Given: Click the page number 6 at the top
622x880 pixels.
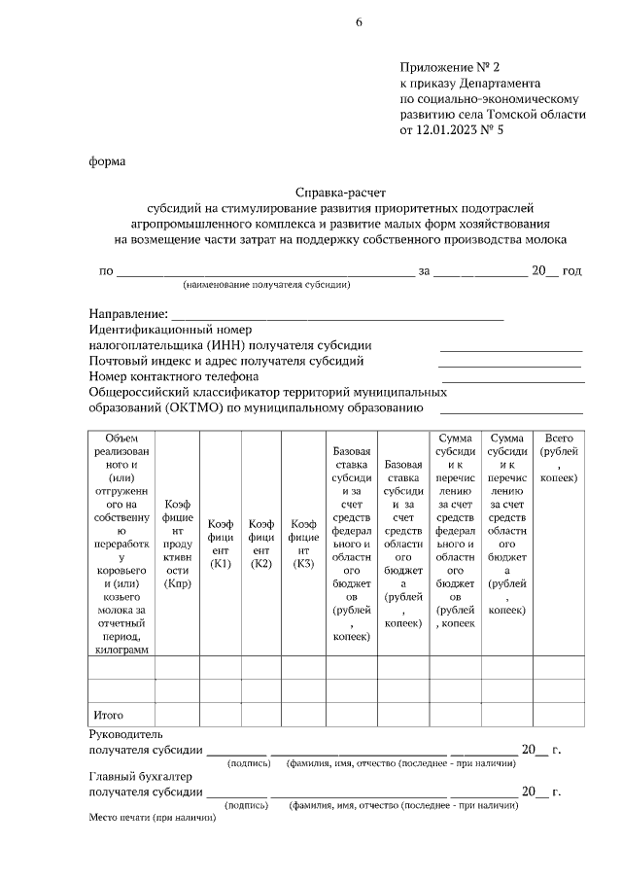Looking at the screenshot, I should click(359, 23).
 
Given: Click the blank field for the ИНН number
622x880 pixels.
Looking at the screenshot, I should click(511, 347).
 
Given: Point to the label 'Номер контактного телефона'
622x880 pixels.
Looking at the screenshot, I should click(174, 376).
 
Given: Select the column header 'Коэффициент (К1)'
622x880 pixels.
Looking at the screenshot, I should click(220, 544).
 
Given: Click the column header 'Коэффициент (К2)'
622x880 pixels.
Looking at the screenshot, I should click(260, 544).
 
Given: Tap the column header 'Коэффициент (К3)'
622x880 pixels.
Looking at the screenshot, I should click(303, 544).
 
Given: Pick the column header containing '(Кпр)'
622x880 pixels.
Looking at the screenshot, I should click(177, 544).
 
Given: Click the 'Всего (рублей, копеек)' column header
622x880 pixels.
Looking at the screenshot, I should click(558, 459).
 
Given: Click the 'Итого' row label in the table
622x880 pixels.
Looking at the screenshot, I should click(107, 715).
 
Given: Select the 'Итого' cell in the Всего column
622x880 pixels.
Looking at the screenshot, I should click(558, 715).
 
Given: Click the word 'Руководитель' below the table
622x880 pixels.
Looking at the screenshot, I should click(126, 734).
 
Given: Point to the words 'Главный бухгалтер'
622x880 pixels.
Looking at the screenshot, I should click(141, 776).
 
